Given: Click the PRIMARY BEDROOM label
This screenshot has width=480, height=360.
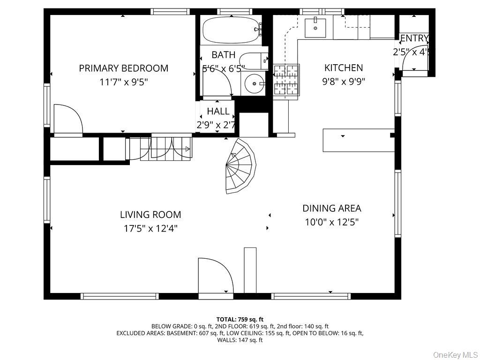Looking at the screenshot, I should pos(123,68).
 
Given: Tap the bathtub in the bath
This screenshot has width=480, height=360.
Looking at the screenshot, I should pos(231,30).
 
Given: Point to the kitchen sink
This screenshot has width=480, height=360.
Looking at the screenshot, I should pos(315,28).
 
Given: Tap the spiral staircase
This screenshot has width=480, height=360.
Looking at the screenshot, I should pos(240,166).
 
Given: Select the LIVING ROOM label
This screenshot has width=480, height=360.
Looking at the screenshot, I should pos(150,215).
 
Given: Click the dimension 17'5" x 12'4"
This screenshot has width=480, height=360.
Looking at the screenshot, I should pos(150,229).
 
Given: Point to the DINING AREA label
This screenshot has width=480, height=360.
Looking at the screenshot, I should pos(331,209).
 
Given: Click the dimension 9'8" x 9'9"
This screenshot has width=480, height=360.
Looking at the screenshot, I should pos(344,81).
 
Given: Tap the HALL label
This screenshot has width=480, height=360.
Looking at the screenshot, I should pos(218,112).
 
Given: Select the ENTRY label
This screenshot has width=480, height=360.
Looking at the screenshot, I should pos(414,38).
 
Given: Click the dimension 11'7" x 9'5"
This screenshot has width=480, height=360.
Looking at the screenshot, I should pos(123,82).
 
